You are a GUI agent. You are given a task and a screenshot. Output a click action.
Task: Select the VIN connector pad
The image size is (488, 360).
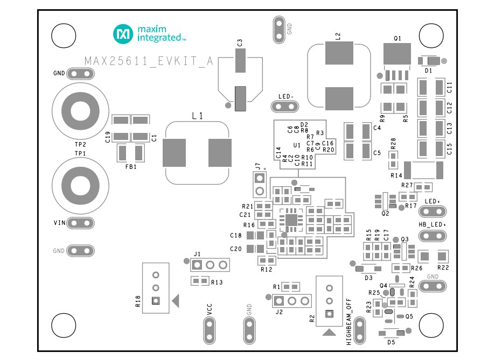(x=81, y=223)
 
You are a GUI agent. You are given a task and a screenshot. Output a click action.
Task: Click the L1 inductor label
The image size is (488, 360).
(x=198, y=116)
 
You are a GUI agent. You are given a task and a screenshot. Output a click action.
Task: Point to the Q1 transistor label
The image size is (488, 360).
(x=398, y=39)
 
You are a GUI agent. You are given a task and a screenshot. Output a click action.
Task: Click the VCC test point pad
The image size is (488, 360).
(x=209, y=329)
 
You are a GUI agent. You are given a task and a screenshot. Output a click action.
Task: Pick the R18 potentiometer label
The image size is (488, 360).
(x=137, y=301)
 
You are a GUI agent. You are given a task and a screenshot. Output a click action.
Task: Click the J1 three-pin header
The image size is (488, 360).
(x=210, y=264)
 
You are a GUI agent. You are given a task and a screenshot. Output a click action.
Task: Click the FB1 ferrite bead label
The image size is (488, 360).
(x=131, y=167)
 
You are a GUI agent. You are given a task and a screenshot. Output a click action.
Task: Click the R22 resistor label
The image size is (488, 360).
(x=443, y=267)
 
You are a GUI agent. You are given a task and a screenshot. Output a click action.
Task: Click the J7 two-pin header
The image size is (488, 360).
(x=260, y=185)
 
